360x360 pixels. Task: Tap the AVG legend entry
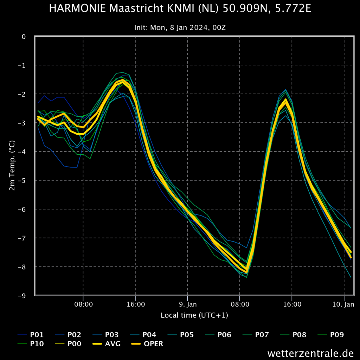(x=106, y=344)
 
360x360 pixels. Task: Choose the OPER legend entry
(x=147, y=344)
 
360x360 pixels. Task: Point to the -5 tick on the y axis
(x=22, y=181)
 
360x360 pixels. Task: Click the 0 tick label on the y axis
(x=24, y=37)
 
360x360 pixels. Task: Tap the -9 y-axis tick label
(x=22, y=296)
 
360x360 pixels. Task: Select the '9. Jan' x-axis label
(x=188, y=304)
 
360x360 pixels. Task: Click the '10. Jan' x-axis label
(x=343, y=304)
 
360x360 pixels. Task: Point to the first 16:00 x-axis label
(x=136, y=304)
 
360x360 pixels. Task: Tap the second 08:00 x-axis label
(x=240, y=304)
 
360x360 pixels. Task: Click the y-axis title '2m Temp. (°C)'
(x=12, y=166)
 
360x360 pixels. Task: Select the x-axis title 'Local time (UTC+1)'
(x=194, y=315)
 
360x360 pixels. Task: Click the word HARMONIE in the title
(x=77, y=8)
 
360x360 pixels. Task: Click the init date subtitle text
(x=180, y=28)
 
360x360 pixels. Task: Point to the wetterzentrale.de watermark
(x=310, y=353)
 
